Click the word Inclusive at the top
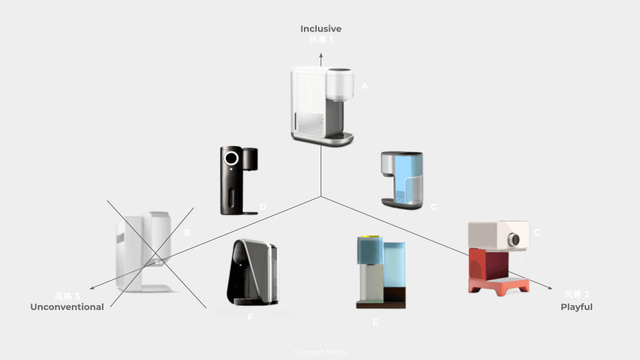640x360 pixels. click(321, 29)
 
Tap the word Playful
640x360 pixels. click(576, 307)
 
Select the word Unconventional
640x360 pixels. click(67, 307)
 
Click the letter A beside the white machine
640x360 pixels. click(365, 86)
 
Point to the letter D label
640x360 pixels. click(263, 207)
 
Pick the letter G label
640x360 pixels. click(434, 207)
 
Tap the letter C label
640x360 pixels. click(537, 232)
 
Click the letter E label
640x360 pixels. click(375, 322)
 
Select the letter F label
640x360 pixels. click(251, 317)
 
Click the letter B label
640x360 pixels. click(187, 232)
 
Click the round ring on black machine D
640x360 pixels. click(231, 159)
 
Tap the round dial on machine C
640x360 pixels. click(514, 239)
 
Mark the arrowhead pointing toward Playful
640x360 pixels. click(549, 287)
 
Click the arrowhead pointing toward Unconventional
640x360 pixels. click(92, 288)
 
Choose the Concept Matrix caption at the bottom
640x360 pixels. click(321, 352)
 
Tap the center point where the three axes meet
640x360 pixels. click(321, 196)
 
